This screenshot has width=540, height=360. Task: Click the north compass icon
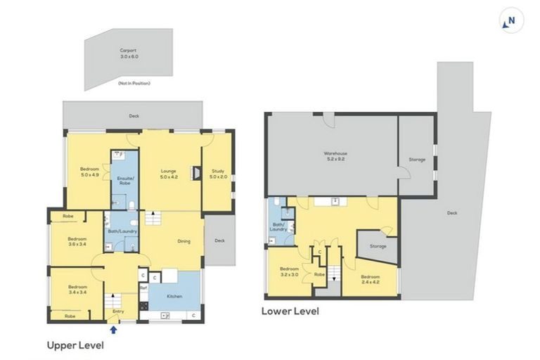pos(510,21)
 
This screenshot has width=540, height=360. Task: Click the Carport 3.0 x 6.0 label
pos(127,53)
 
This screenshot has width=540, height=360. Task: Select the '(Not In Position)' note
pos(134,83)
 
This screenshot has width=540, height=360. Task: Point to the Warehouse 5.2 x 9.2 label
pos(335,155)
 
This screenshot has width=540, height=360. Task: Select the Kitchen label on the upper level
pos(174,296)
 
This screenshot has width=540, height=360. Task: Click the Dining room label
pos(184,241)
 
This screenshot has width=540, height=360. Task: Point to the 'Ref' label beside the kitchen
pos(143,288)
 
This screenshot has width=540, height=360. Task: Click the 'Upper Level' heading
pos(75,345)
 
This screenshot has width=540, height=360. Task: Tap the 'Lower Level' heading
pos(290,310)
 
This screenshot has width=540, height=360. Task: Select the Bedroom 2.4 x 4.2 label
pos(371,279)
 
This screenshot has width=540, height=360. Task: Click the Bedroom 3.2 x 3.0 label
pos(290,271)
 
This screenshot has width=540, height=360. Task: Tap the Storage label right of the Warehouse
pos(417,160)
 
